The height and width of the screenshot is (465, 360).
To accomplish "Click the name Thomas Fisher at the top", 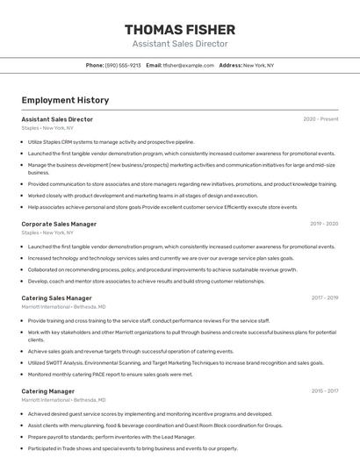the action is (x=179, y=29).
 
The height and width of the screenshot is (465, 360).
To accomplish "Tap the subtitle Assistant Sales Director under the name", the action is (x=179, y=44).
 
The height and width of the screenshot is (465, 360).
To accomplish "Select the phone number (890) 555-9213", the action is (x=123, y=65).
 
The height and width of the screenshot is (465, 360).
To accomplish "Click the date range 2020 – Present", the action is (x=320, y=118).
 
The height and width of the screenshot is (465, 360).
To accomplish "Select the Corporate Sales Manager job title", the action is (x=59, y=224).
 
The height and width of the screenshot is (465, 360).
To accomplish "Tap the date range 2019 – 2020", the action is (x=324, y=224).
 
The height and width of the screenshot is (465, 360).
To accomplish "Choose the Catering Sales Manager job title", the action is (x=57, y=297).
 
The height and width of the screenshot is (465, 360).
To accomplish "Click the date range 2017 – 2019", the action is (x=324, y=297).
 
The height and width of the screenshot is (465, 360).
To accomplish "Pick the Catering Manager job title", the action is (x=48, y=390).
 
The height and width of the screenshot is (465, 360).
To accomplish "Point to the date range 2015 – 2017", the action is (x=324, y=390).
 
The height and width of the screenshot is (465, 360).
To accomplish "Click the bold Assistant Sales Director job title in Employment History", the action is (x=57, y=118).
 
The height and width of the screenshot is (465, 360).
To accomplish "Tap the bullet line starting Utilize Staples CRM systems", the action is (x=111, y=141).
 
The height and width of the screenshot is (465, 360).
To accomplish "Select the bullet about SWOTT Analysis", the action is (x=176, y=362).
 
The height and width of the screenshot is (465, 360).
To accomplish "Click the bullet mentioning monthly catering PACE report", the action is (x=110, y=374).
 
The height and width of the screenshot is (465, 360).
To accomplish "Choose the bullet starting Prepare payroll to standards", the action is (x=111, y=436).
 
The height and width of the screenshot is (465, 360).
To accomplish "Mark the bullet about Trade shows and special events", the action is (x=132, y=447).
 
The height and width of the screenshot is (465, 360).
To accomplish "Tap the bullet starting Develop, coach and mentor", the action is (x=146, y=281).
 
